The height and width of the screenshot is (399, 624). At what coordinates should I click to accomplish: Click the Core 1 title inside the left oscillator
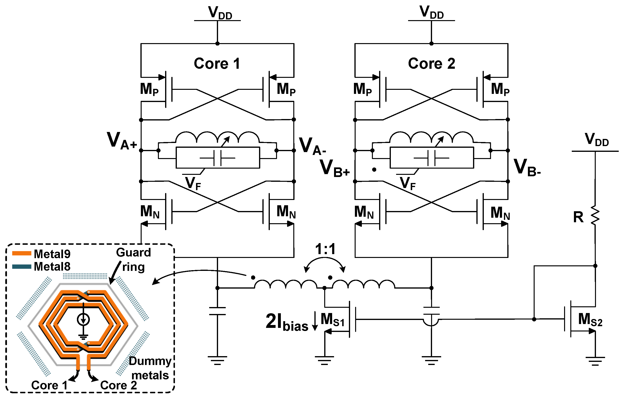(x=217, y=64)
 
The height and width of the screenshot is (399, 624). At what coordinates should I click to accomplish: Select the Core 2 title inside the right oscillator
(x=431, y=64)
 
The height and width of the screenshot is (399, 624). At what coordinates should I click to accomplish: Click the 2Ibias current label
(x=287, y=322)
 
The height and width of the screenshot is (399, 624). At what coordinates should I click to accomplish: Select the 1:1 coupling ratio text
(x=325, y=249)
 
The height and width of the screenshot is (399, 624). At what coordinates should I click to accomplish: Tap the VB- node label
(x=527, y=168)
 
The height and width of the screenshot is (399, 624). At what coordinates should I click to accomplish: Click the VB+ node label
(x=335, y=168)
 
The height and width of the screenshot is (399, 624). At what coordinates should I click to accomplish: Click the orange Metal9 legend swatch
(x=22, y=253)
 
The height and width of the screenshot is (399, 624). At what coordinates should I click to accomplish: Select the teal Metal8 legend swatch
(x=22, y=267)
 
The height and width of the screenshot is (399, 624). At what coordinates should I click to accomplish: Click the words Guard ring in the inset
(x=133, y=260)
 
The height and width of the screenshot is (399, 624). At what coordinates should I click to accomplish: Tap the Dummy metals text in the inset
(x=150, y=368)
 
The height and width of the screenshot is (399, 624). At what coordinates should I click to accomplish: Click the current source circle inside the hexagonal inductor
(x=83, y=319)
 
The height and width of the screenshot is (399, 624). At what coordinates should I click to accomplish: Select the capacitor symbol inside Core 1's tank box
(x=217, y=158)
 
